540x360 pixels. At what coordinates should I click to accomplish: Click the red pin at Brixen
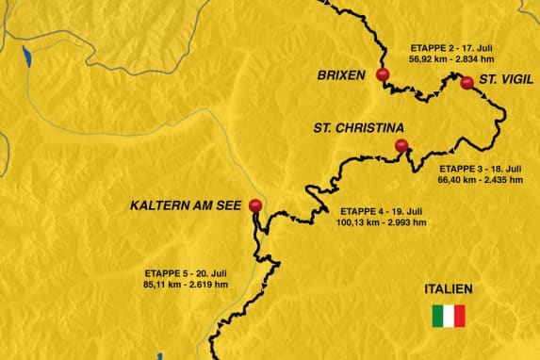tap(381, 75)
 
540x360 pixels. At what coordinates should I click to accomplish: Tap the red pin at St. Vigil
tap(466, 83)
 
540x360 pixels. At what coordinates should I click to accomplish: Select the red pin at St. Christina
tap(401, 146)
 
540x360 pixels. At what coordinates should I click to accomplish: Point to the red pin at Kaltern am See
tap(254, 205)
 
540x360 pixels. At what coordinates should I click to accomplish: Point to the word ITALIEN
tap(449, 289)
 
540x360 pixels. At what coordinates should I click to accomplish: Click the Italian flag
tap(449, 316)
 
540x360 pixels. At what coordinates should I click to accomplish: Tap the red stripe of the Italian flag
tap(460, 316)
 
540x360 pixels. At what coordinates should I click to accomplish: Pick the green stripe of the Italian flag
tap(437, 316)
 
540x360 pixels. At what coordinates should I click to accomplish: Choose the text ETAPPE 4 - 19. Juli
tap(381, 211)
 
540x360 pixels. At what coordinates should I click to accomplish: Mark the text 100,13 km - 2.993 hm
tap(382, 223)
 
